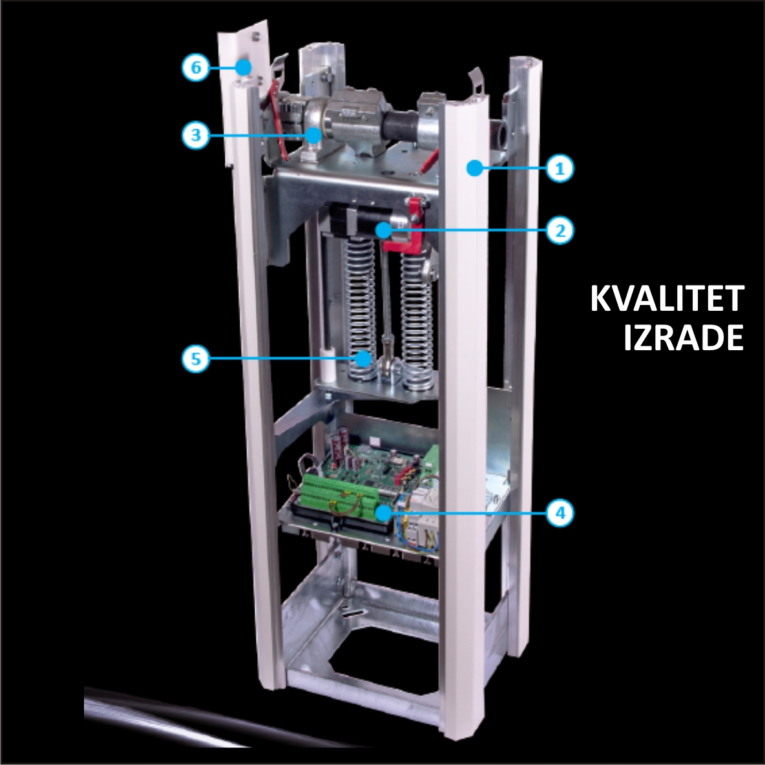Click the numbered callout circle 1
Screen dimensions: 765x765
pyautogui.click(x=560, y=169)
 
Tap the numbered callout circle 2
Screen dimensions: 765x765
pyautogui.click(x=560, y=230)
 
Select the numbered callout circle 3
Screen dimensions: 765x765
pyautogui.click(x=196, y=134)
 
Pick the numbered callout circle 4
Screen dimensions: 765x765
pyautogui.click(x=560, y=512)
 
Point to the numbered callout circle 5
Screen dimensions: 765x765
pyautogui.click(x=196, y=359)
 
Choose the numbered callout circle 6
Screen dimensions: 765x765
pyautogui.click(x=196, y=67)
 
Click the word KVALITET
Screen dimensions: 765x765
pyautogui.click(x=667, y=299)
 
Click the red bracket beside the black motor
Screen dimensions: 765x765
pyautogui.click(x=412, y=225)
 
